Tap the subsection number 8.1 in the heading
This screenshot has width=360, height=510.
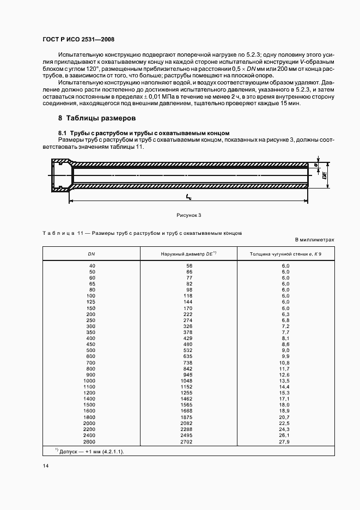point(62,133)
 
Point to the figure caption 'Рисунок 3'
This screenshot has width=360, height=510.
point(189,215)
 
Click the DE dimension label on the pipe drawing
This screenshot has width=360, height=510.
point(324,175)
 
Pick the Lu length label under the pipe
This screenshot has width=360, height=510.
point(188,196)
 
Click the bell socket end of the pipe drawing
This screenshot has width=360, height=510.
point(61,175)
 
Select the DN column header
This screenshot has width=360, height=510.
point(91,254)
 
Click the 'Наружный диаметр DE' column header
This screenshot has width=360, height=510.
point(189,254)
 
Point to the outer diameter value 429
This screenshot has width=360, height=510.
point(188,338)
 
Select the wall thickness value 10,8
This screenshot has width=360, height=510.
point(284,362)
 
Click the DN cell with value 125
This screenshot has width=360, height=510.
point(90,301)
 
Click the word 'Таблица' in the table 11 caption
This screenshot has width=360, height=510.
point(59,233)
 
